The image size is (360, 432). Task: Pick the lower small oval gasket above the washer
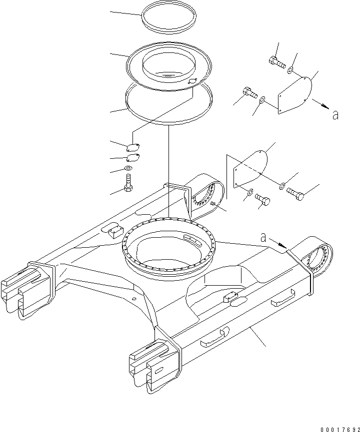click(x=133, y=158)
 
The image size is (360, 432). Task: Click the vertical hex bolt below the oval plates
click(x=129, y=183)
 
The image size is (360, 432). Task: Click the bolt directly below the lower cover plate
click(x=263, y=200)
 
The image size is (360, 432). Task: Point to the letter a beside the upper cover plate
click(x=335, y=115)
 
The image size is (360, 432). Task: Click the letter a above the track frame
click(x=263, y=238)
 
